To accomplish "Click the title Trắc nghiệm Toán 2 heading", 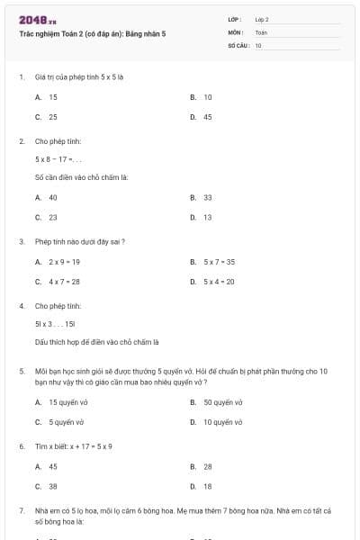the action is coord(92,33).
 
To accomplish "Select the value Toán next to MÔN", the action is coord(261,31).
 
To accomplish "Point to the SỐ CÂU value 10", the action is coord(258,44).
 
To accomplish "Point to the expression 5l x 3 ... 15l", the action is coord(55,322).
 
